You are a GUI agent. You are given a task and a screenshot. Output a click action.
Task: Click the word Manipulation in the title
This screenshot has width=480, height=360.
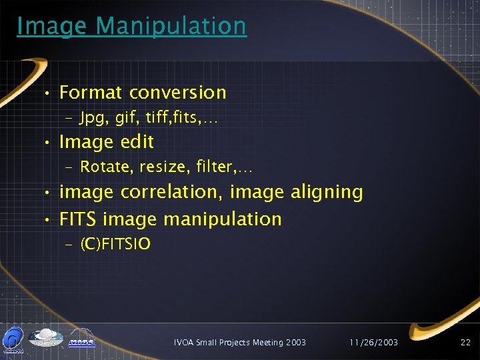tap(171, 26)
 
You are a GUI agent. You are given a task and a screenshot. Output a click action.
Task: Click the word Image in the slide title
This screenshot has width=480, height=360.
tap(53, 26)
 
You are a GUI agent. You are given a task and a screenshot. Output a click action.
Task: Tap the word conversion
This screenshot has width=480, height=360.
tap(178, 93)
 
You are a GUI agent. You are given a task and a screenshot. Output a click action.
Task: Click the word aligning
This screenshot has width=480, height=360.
tap(327, 193)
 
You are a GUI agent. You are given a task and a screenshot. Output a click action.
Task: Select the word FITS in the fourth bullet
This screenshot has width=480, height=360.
tap(79, 219)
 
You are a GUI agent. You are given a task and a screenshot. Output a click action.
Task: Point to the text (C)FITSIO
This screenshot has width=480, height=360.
tap(115, 245)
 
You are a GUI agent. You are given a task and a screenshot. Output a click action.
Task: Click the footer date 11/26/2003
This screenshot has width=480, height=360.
tap(374, 342)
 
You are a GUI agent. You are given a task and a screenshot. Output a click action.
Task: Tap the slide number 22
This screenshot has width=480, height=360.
tap(465, 342)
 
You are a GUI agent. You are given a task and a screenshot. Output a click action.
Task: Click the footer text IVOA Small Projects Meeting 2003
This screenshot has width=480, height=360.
tap(240, 342)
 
